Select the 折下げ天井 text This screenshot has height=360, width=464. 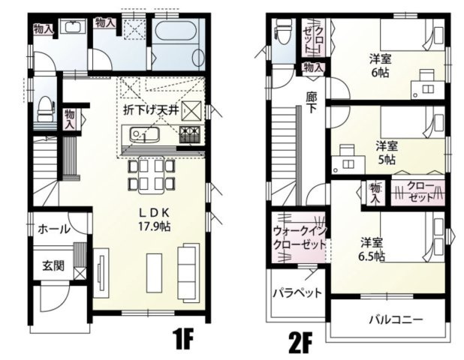point(150,109)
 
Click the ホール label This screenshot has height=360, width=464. point(53,229)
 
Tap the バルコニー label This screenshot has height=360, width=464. point(395,319)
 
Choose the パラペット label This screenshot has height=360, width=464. point(297,292)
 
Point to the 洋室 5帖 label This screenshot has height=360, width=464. point(386,152)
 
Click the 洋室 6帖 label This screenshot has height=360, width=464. point(378,64)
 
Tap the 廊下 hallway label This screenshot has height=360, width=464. point(312,101)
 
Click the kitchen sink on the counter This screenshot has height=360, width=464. point(140,136)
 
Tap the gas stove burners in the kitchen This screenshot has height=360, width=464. point(189,135)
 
